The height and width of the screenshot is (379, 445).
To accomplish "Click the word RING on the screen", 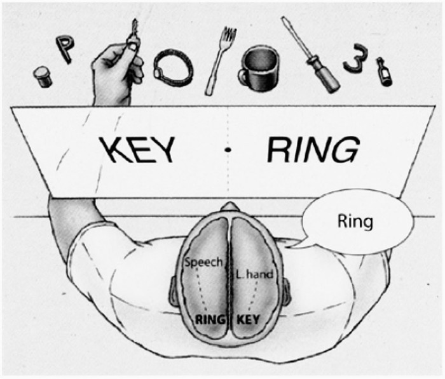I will click(311, 150).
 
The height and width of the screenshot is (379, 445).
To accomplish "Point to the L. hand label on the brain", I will click(255, 274).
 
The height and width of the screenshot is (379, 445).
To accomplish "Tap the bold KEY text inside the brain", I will click(248, 319).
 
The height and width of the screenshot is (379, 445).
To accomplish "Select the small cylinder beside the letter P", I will click(43, 77).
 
